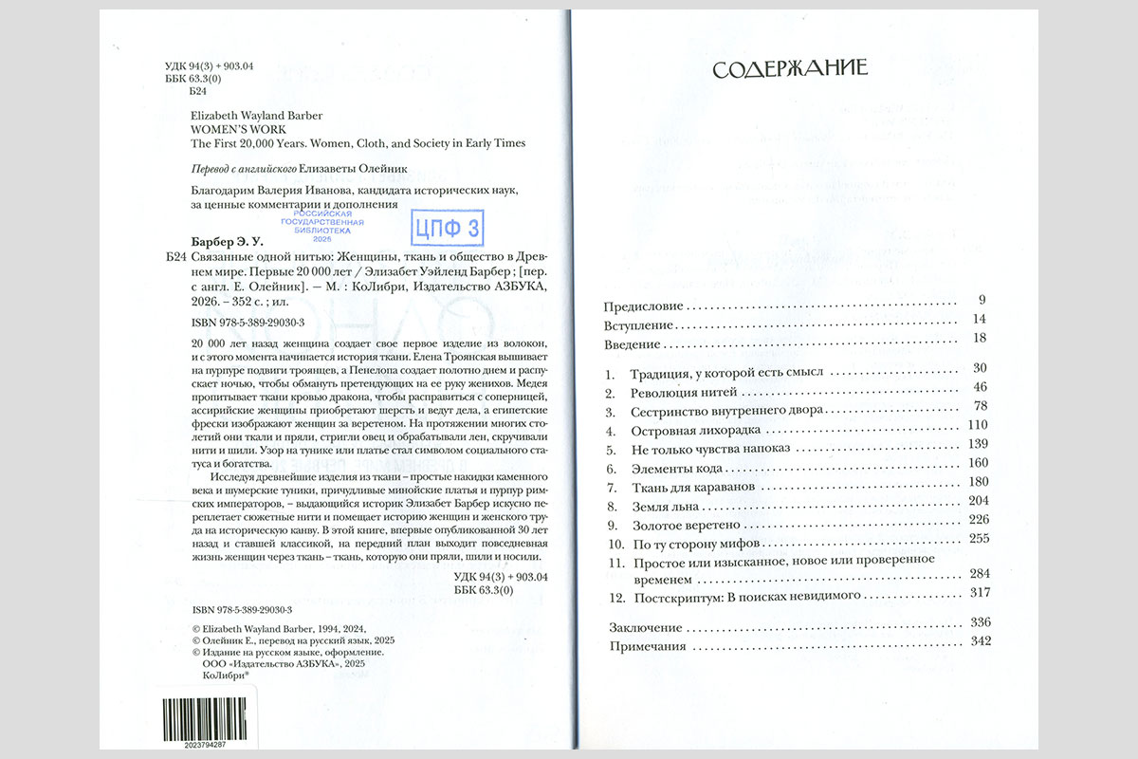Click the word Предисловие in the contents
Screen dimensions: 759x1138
coord(644,305)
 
